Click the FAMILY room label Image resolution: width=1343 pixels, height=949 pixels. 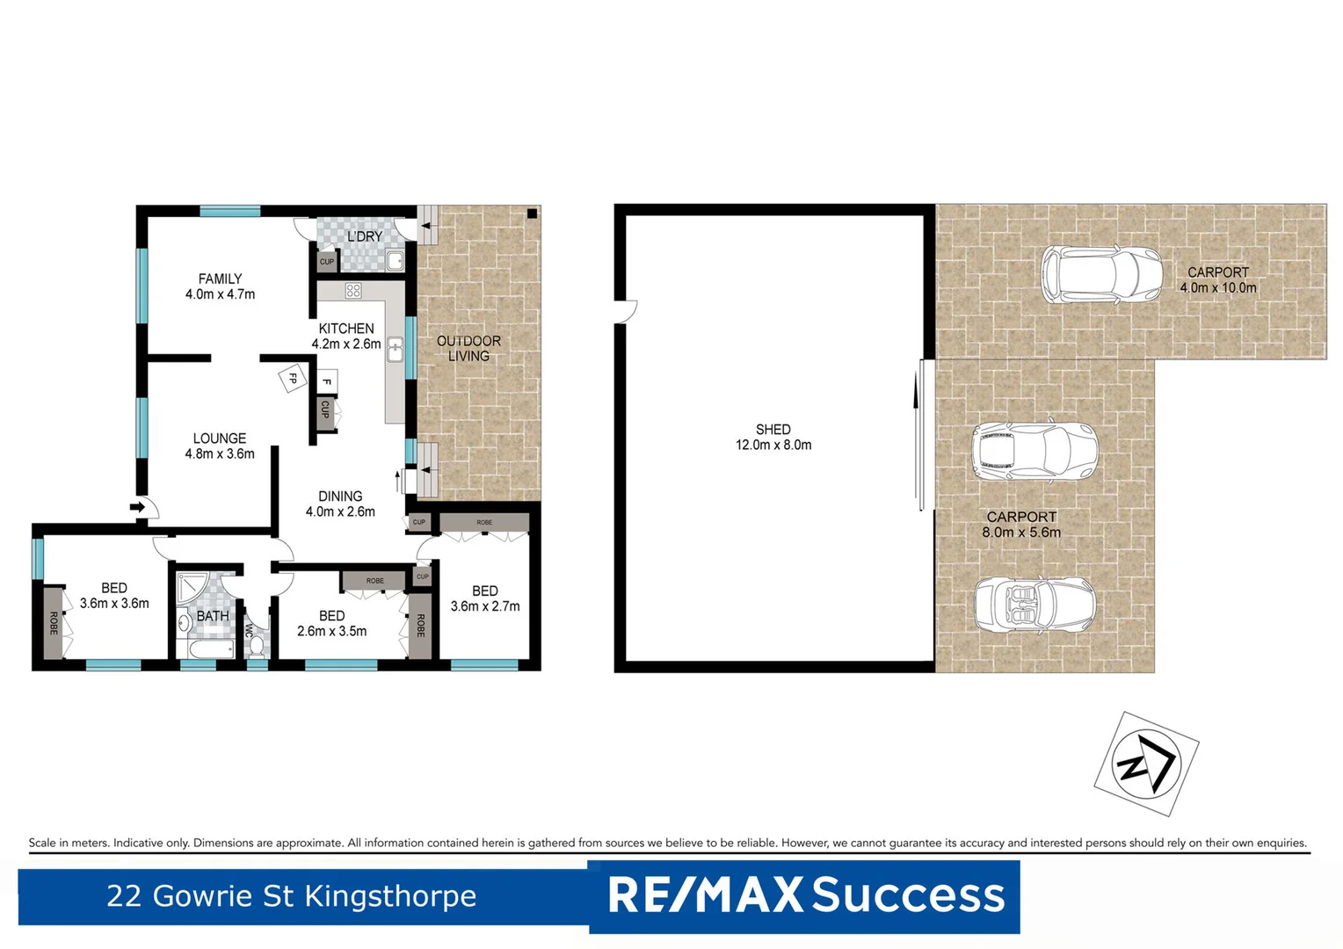220,279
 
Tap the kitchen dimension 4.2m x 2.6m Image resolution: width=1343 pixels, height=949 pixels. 346,344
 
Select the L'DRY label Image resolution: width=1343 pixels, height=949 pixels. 364,236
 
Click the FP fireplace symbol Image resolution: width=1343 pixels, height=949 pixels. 294,379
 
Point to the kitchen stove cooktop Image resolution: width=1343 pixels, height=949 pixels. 353,291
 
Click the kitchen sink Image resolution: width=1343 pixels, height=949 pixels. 396,350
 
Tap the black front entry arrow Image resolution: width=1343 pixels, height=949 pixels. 137,507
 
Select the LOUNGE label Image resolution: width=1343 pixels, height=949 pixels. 220,438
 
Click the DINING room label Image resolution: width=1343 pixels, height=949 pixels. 340,496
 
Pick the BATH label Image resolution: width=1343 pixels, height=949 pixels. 213,616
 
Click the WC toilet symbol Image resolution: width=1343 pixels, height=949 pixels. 256,645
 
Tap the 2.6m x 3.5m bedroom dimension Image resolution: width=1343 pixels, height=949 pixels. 331,631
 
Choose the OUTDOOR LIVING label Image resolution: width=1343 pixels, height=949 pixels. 468,348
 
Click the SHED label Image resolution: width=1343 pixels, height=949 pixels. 773,430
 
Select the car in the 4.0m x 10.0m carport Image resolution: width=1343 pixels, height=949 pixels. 1100,275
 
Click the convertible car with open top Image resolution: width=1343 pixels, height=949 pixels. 1034,605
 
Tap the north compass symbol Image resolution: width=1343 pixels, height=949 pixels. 1145,763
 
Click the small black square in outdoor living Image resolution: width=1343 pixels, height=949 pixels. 532,214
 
